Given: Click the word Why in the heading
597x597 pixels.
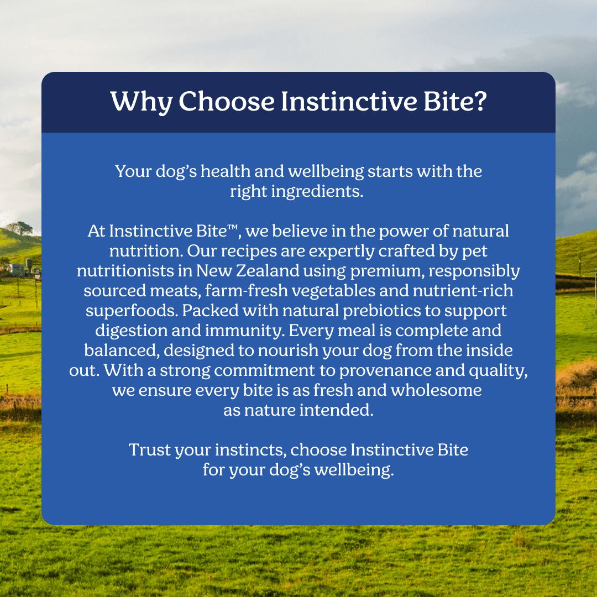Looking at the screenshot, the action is (142, 102).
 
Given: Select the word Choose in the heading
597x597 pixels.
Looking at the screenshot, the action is (227, 101).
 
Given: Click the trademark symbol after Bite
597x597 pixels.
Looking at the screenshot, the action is (232, 228).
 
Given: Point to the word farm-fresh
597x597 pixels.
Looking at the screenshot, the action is (247, 291).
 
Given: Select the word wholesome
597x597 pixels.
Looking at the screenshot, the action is (436, 390).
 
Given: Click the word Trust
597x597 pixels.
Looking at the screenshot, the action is (150, 449).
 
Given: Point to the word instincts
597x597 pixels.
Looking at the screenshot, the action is (250, 450).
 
